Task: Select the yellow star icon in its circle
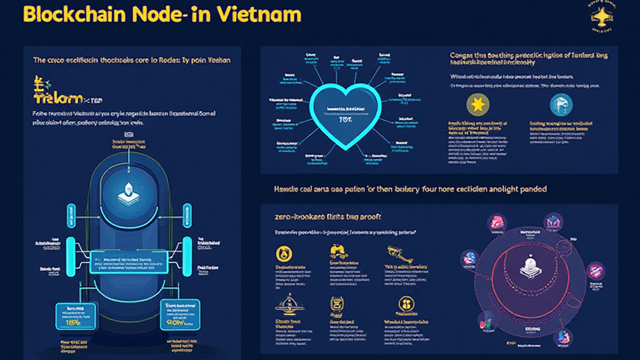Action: [478, 104]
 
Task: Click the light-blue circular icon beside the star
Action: [561, 104]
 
